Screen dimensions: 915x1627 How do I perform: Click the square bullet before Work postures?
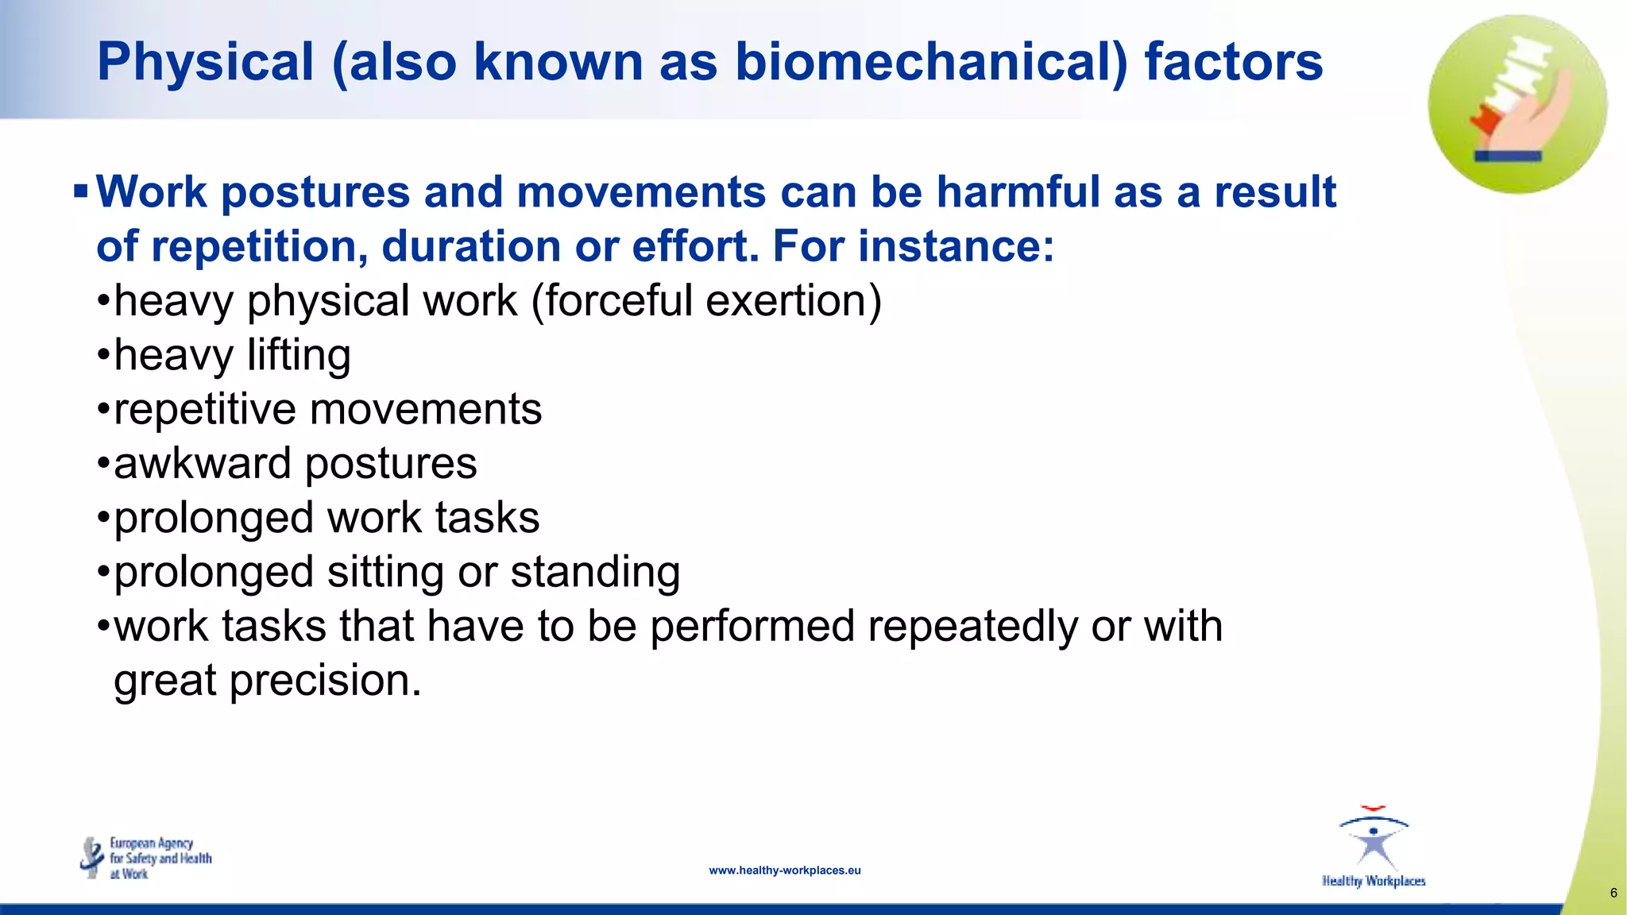80,191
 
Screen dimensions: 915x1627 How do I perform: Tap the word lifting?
299,356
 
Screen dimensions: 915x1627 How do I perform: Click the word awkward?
203,464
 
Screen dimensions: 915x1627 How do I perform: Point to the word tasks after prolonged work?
487,518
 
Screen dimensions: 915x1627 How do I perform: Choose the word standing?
595,573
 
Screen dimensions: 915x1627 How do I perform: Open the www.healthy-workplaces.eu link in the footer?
784,871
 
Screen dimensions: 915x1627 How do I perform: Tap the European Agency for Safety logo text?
160,859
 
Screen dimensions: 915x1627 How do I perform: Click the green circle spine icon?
1517,104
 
